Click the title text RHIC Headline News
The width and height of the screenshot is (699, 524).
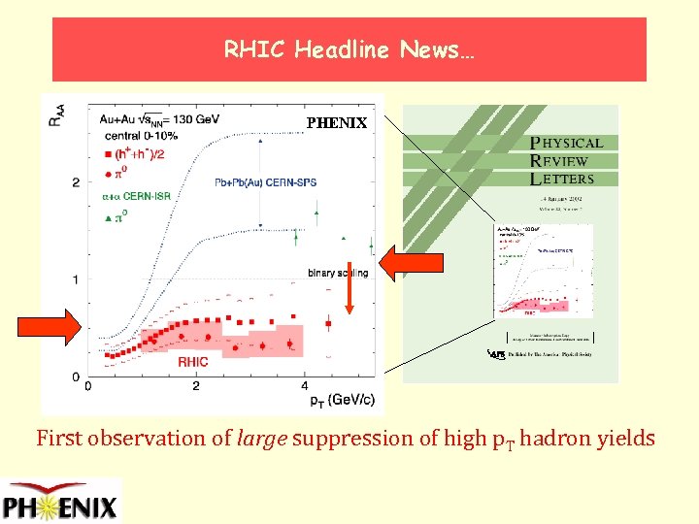(349, 49)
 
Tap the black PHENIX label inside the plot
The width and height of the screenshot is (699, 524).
(337, 123)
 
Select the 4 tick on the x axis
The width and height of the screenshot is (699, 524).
(304, 386)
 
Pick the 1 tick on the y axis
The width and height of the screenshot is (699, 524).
(75, 280)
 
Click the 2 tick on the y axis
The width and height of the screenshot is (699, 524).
(75, 182)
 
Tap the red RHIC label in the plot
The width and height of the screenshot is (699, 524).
(192, 362)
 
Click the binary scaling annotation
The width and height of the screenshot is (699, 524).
(338, 273)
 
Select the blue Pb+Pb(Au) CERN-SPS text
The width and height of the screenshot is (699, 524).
(265, 181)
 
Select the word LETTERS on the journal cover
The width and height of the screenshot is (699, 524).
(562, 180)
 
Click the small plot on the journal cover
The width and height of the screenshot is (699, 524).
(543, 271)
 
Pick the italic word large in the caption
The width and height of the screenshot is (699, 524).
(262, 439)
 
